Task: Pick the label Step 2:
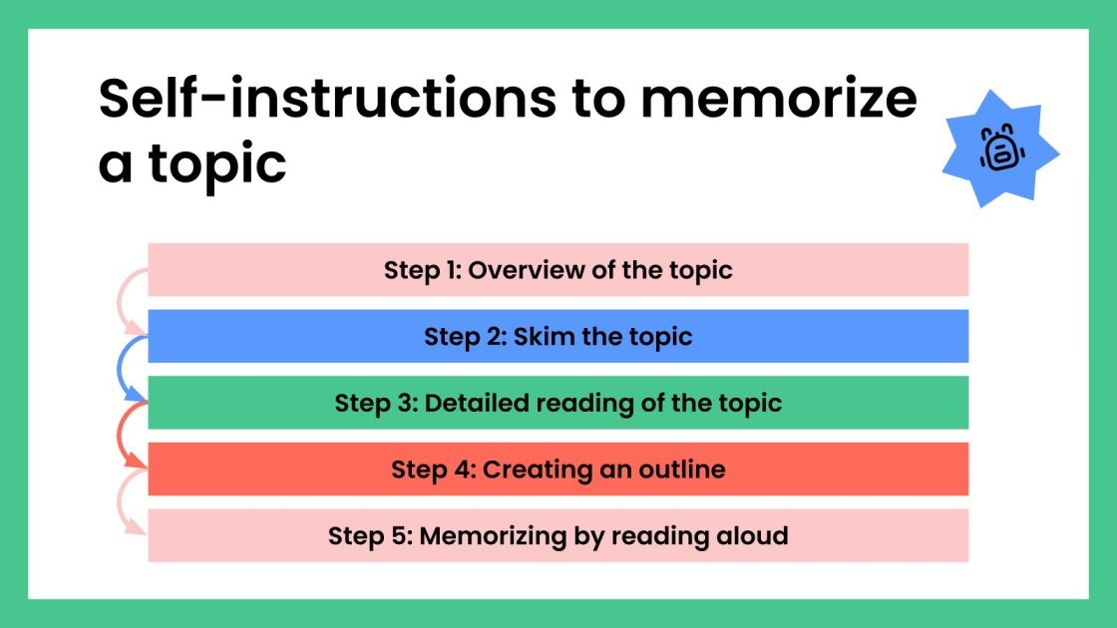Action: tap(464, 337)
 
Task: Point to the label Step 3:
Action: tap(374, 404)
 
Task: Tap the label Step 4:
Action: tap(432, 470)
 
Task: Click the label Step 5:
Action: tap(369, 536)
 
